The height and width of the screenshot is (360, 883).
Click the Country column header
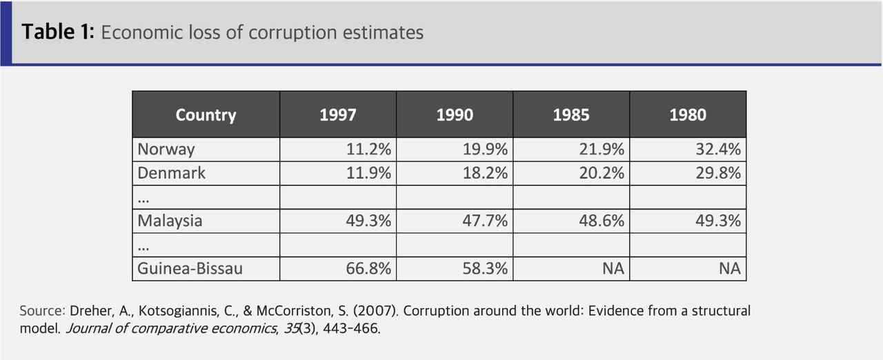pos(206,114)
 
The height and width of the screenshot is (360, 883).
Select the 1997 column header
pos(338,114)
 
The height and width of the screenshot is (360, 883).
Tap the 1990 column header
pos(455,114)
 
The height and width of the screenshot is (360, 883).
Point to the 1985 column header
pos(571,114)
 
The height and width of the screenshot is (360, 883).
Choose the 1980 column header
pos(688,114)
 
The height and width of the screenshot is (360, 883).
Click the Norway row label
pos(166,149)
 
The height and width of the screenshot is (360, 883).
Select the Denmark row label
pos(172,172)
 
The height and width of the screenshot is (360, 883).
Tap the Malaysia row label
pos(170,221)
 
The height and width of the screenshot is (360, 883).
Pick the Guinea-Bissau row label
pos(190,268)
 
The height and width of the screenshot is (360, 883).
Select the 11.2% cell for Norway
pos(368,149)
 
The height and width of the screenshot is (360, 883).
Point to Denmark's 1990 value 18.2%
pos(485,172)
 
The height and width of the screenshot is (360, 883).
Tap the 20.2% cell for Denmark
pos(602,172)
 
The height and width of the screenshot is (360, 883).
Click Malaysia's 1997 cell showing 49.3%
pos(368,221)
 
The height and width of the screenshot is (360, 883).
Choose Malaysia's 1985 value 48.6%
pos(602,221)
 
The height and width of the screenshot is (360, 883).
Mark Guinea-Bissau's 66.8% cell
pos(368,268)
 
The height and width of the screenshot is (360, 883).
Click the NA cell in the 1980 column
pos(729,268)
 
